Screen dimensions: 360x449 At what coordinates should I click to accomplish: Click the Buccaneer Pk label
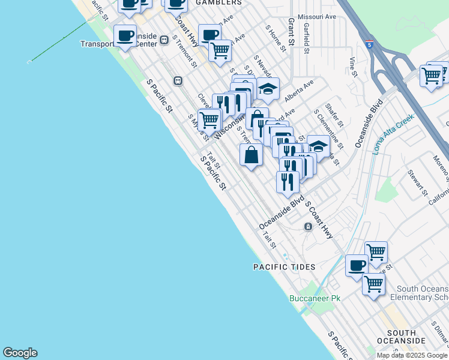click(x=315, y=298)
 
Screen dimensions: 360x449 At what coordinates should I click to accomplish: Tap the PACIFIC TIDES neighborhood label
click(x=284, y=266)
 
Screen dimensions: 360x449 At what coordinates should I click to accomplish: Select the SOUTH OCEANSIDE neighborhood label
click(x=402, y=337)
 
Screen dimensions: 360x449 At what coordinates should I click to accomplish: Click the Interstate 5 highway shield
click(x=369, y=43)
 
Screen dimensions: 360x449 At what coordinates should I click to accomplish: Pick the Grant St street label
click(x=291, y=32)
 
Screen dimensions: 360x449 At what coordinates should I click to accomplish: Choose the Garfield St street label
click(x=306, y=38)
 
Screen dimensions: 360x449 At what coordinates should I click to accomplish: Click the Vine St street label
click(x=353, y=67)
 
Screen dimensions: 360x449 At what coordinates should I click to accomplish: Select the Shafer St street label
click(x=334, y=115)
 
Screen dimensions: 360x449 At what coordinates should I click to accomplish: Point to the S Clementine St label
click(x=328, y=128)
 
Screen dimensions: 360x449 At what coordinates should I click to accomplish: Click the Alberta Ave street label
click(x=300, y=91)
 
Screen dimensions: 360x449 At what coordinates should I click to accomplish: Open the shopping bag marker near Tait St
click(x=251, y=155)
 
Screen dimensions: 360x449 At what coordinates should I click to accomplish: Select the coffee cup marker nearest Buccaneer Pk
click(x=357, y=265)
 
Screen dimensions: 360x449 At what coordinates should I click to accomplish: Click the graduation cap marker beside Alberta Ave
click(x=268, y=89)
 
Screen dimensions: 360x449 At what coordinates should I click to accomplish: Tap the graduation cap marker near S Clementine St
click(x=318, y=146)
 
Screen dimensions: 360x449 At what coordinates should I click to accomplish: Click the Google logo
click(x=20, y=353)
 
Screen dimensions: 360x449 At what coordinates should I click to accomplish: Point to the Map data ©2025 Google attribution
click(x=412, y=355)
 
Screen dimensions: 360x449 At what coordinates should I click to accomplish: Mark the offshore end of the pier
click(x=29, y=61)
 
